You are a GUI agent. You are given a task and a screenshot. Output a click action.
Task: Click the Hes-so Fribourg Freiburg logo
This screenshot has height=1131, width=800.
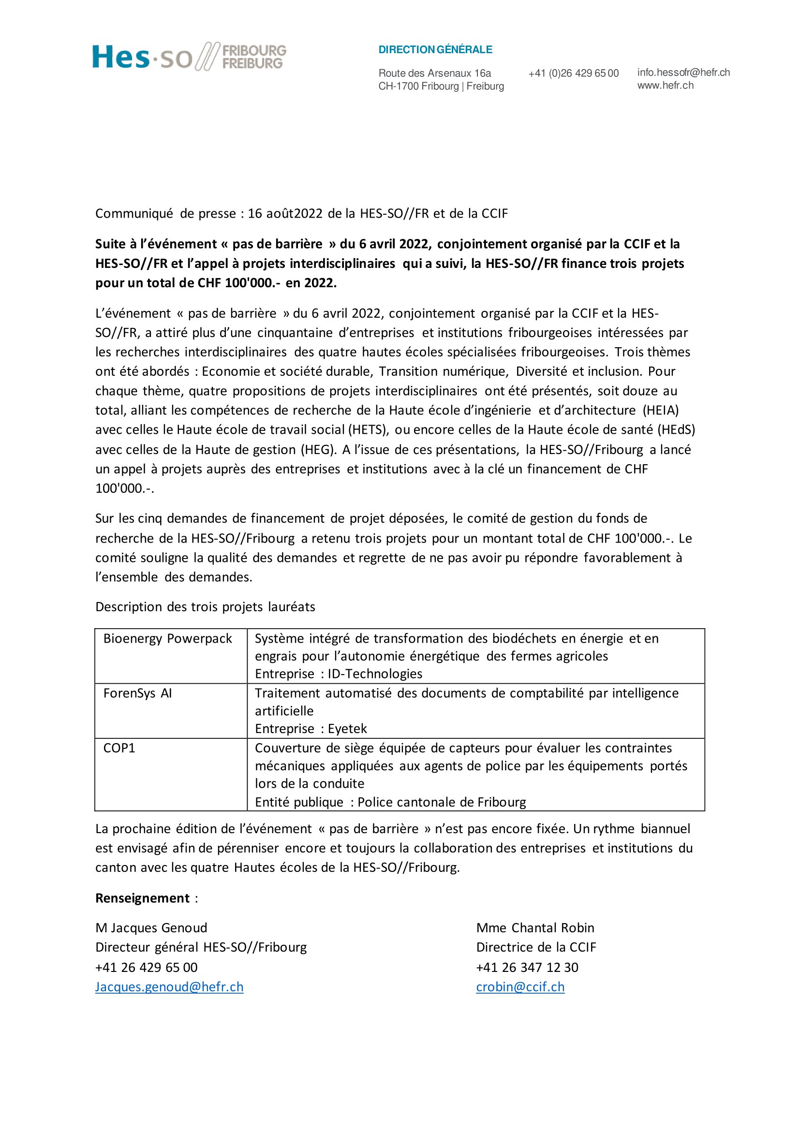pos(189,56)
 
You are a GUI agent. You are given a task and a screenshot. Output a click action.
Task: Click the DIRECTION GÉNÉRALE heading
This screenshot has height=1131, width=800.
pos(435,50)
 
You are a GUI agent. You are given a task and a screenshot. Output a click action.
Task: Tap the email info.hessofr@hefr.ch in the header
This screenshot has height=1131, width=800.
pos(683,73)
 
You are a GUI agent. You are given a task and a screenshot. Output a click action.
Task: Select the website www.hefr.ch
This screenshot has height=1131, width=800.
pos(665,85)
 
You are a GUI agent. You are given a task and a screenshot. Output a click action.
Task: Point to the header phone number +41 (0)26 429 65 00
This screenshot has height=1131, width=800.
pos(574,73)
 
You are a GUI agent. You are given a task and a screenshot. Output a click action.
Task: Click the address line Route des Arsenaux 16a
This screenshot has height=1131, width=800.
pos(434,73)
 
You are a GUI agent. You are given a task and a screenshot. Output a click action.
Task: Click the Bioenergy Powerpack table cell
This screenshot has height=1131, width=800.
pos(167,639)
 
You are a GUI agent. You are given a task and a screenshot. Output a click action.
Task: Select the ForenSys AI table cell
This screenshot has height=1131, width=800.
pos(137,693)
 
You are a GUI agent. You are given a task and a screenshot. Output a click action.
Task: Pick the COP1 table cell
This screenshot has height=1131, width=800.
pos(119,748)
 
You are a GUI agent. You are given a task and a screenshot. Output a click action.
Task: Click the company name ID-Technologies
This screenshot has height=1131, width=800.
pos(375,674)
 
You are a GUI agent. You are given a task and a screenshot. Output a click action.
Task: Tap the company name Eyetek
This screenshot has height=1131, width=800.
pos(347,729)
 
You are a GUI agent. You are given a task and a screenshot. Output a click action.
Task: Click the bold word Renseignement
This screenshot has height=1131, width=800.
pos(142,898)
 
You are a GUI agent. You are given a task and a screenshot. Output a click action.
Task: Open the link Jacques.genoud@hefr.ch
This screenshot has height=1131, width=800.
pos(169,987)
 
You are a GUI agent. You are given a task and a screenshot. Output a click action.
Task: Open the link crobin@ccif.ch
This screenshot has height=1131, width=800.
pos(520,987)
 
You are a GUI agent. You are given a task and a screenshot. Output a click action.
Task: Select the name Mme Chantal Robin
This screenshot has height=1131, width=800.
pos(535,928)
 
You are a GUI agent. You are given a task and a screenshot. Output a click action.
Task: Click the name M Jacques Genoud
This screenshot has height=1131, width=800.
pos(151,928)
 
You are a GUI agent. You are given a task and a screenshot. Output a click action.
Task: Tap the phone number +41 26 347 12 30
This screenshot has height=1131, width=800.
pos(527,968)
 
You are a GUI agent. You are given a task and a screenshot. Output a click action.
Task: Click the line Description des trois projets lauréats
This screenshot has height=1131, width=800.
pos(205,607)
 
